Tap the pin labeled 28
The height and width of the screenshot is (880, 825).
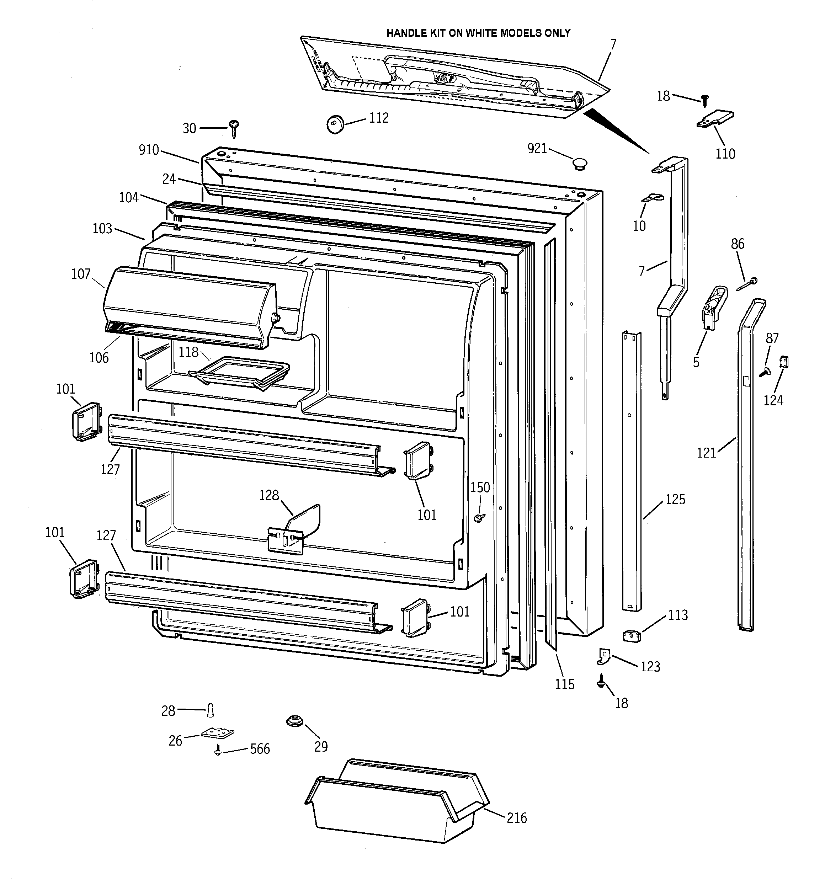pyautogui.click(x=211, y=710)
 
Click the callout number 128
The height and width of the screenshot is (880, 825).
pyautogui.click(x=269, y=495)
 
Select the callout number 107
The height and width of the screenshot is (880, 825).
pyautogui.click(x=81, y=274)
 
